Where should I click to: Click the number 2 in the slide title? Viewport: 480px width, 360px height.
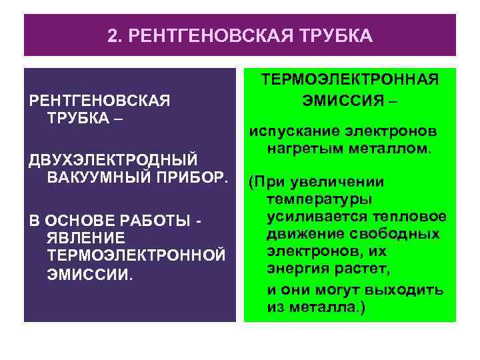click(111, 35)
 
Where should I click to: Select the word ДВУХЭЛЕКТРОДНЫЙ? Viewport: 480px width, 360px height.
click(113, 161)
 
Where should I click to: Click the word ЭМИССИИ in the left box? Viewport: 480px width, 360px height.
click(89, 274)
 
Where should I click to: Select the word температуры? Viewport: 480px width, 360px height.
click(320, 199)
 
